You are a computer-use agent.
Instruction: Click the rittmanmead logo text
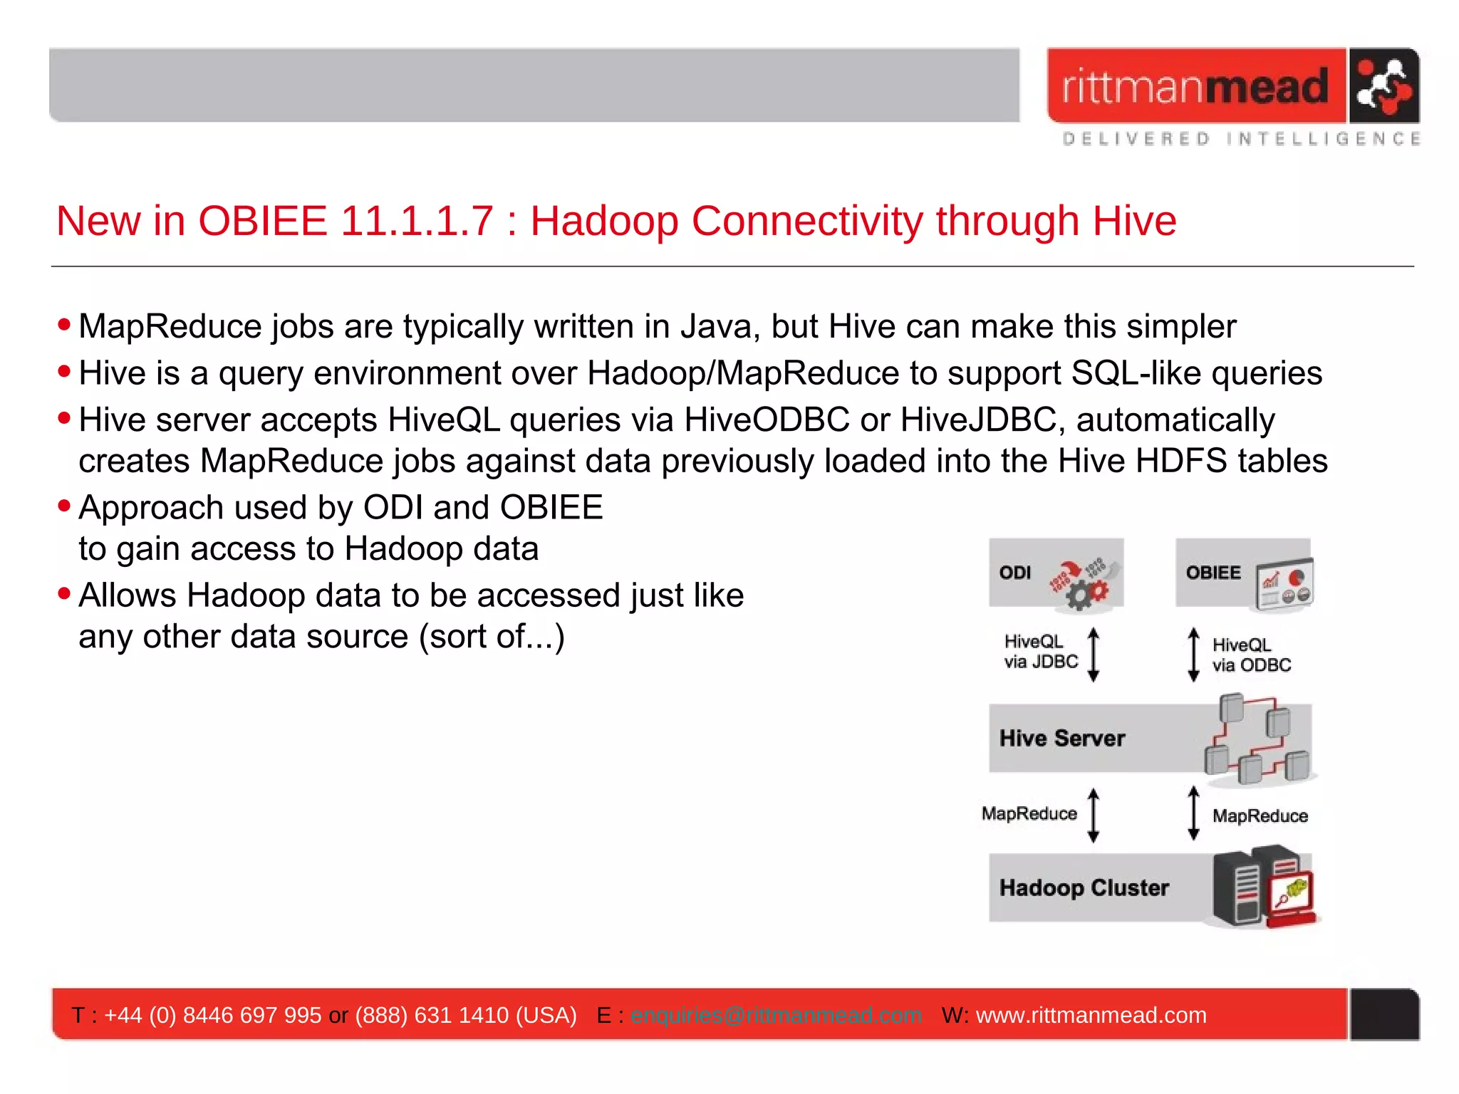pyautogui.click(x=1195, y=87)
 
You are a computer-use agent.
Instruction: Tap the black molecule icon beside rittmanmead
pyautogui.click(x=1383, y=86)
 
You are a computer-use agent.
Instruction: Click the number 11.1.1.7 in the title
pyautogui.click(x=417, y=221)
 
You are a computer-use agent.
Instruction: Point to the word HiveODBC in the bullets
pyautogui.click(x=767, y=420)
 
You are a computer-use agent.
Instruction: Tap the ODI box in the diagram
pyautogui.click(x=1056, y=573)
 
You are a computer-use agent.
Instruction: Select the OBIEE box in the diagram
pyautogui.click(x=1243, y=573)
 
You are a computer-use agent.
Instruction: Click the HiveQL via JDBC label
pyautogui.click(x=1040, y=652)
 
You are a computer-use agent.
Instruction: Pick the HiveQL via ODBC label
pyautogui.click(x=1251, y=655)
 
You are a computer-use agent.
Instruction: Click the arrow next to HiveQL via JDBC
pyautogui.click(x=1094, y=655)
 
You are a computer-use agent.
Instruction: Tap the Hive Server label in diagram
pyautogui.click(x=1061, y=739)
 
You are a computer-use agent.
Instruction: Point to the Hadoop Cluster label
pyautogui.click(x=1084, y=888)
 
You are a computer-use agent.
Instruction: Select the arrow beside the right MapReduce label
pyautogui.click(x=1193, y=813)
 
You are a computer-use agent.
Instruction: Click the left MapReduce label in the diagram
pyautogui.click(x=1029, y=814)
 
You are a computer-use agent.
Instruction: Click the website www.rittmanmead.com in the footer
pyautogui.click(x=1091, y=1016)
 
